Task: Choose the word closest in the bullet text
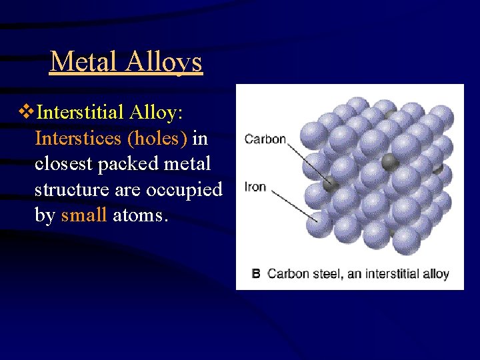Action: point(64,163)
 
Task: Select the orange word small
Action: point(83,215)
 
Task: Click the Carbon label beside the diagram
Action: point(265,139)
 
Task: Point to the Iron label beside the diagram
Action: point(255,187)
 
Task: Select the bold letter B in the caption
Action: point(256,273)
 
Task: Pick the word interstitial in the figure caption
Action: point(385,273)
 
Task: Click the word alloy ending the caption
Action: point(435,273)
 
